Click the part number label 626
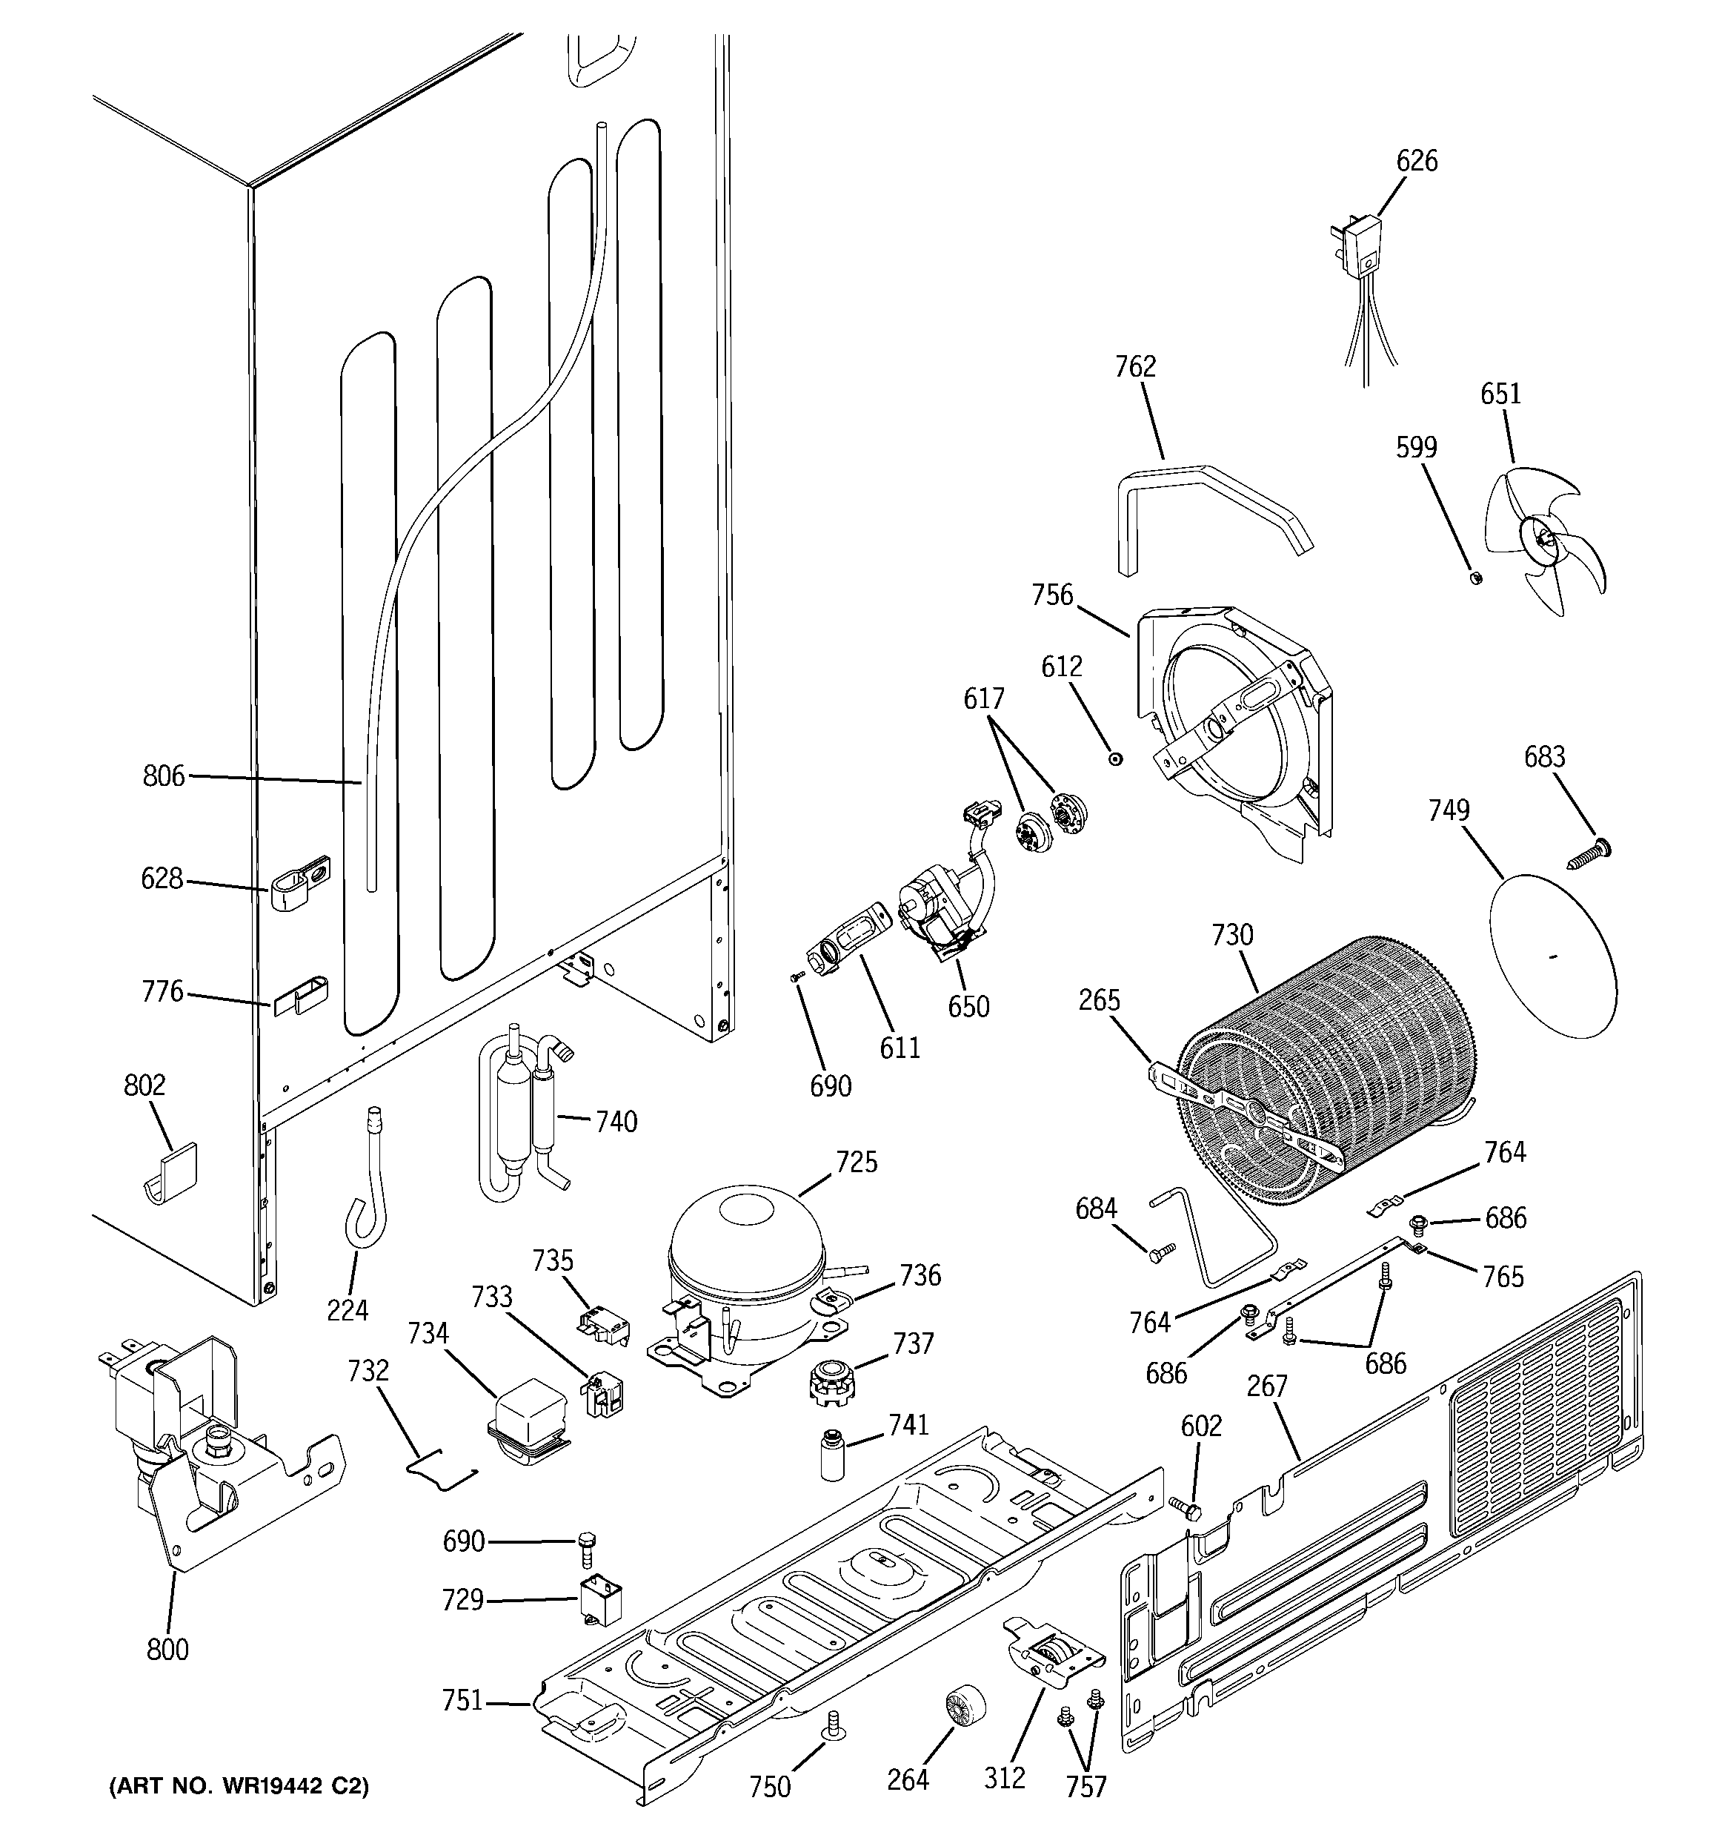pos(1415,161)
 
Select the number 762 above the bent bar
pos(1135,367)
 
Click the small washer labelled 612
pos(1117,758)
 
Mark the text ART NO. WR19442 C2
pos(239,1786)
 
